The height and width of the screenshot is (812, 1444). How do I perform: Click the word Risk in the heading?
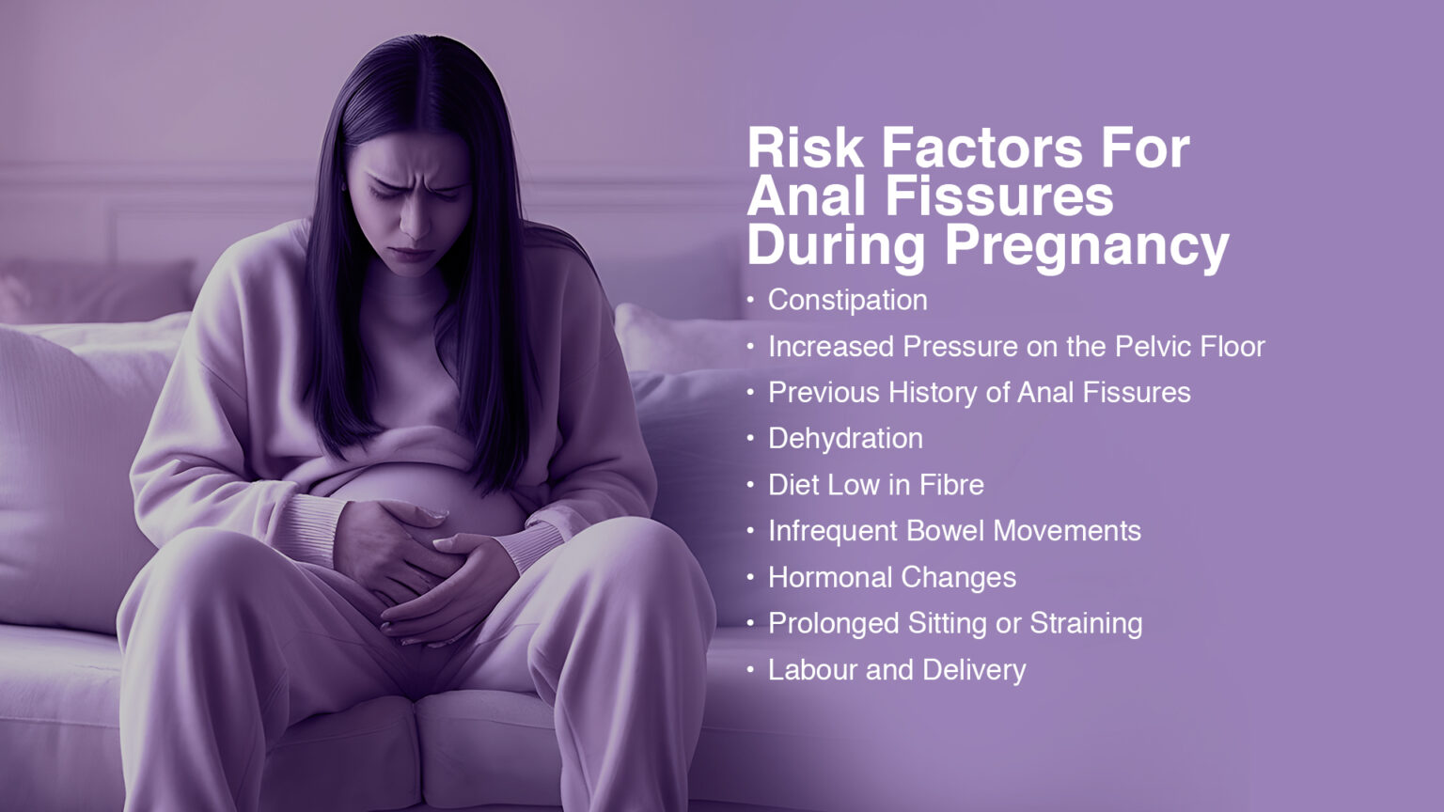tap(805, 148)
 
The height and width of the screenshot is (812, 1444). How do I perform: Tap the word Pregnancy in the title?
tap(1088, 249)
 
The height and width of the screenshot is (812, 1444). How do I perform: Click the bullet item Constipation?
tap(848, 301)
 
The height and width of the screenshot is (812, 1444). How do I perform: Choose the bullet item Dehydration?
tap(845, 439)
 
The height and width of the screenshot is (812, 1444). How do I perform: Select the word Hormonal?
tap(830, 577)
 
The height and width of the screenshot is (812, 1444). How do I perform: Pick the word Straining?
tap(1086, 624)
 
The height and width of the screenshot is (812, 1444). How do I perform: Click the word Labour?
tap(812, 669)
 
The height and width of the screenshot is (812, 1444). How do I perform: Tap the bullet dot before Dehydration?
tap(750, 439)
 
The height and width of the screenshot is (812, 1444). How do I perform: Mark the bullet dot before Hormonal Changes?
tap(750, 577)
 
